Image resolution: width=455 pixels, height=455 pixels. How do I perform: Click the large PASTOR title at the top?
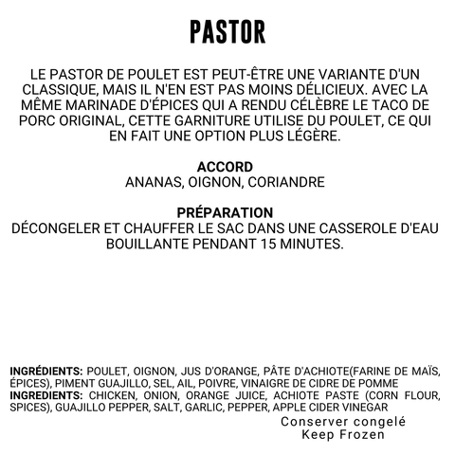point(227,30)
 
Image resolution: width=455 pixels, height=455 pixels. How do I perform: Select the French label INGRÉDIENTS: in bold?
point(46,371)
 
